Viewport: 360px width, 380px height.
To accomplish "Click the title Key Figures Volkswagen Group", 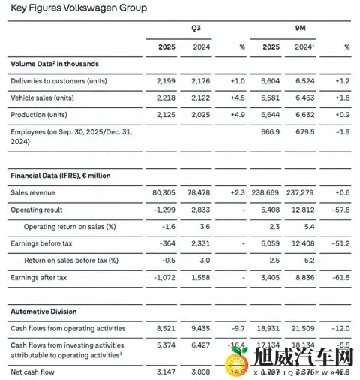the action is point(78,8).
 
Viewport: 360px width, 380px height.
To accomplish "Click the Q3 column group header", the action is point(196,28).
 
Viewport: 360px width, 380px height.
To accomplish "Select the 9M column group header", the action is point(299,28).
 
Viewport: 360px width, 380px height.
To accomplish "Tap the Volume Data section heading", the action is point(55,64).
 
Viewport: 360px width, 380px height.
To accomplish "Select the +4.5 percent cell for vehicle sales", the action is point(236,97).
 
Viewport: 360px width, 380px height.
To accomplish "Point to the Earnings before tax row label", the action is point(43,243).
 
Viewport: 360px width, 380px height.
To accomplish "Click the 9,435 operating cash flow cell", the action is point(199,328).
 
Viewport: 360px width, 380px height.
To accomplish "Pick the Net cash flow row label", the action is point(34,370).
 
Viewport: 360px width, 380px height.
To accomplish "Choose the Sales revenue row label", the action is point(36,192).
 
